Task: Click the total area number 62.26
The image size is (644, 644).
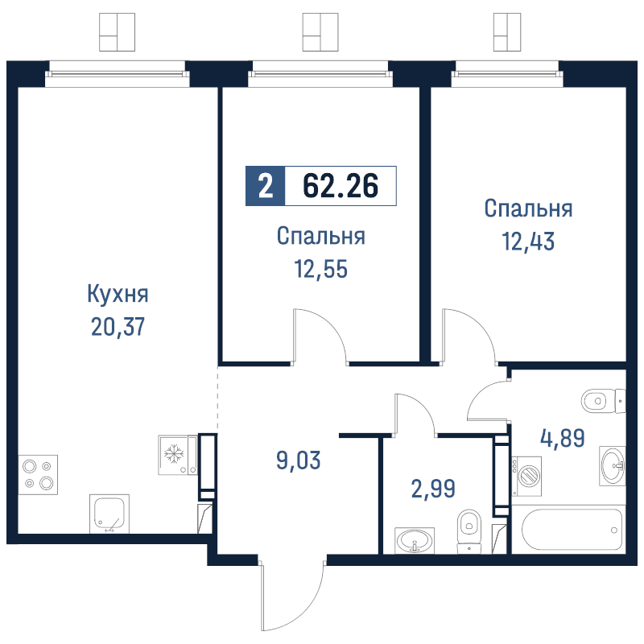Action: click(341, 186)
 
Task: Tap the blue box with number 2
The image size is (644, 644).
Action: click(265, 186)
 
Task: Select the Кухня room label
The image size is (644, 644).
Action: click(118, 294)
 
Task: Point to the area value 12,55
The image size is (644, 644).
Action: click(320, 269)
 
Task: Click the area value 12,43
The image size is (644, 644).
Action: click(528, 241)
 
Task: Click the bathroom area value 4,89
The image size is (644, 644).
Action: click(562, 438)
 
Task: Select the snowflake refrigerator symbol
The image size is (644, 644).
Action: click(172, 454)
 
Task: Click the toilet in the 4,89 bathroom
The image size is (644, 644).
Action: click(602, 399)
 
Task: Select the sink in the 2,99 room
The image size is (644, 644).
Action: click(415, 540)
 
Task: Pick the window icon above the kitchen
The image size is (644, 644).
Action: click(117, 32)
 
